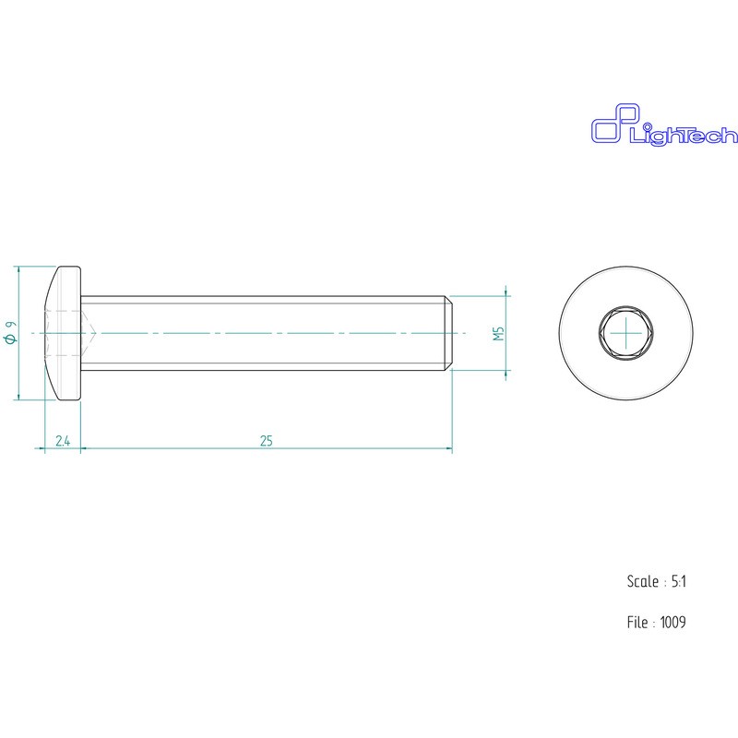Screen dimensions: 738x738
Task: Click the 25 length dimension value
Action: click(x=267, y=442)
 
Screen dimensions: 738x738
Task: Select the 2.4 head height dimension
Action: click(x=63, y=442)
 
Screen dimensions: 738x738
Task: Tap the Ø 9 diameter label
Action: click(x=10, y=333)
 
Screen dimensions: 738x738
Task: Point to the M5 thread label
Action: click(x=498, y=333)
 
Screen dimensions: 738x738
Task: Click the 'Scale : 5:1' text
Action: click(x=656, y=582)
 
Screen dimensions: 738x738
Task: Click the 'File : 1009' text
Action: click(x=656, y=623)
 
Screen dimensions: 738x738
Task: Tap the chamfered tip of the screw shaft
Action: click(x=448, y=333)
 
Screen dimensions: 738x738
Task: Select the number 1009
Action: click(x=673, y=623)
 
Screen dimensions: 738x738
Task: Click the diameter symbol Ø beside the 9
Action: click(x=10, y=340)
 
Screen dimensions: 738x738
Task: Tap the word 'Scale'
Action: click(x=642, y=582)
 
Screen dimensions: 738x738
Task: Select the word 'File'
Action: click(x=637, y=623)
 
